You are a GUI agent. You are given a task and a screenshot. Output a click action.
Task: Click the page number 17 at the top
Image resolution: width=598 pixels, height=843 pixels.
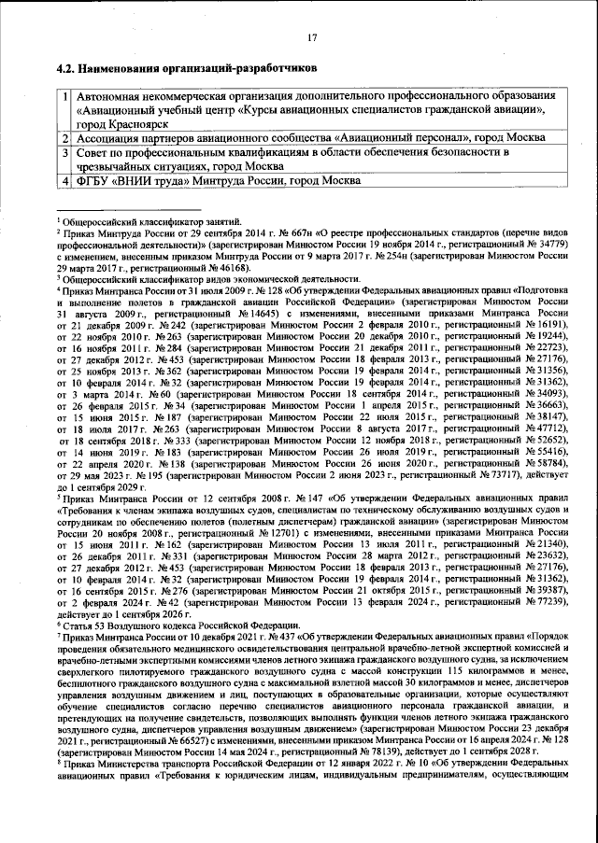pyautogui.click(x=313, y=37)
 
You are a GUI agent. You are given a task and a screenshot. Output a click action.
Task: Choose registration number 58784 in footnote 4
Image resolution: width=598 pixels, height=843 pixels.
pyautogui.click(x=552, y=461)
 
